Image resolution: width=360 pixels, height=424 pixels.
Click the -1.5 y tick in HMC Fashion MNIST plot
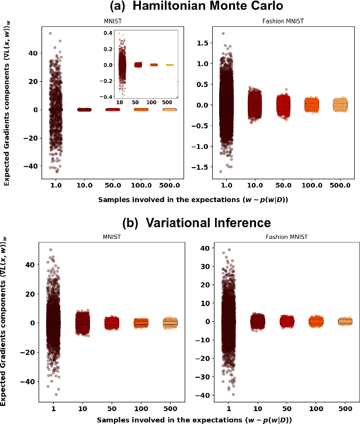(202, 167)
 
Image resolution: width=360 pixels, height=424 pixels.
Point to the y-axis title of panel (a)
(6, 102)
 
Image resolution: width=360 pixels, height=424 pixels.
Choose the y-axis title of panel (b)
(6, 321)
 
